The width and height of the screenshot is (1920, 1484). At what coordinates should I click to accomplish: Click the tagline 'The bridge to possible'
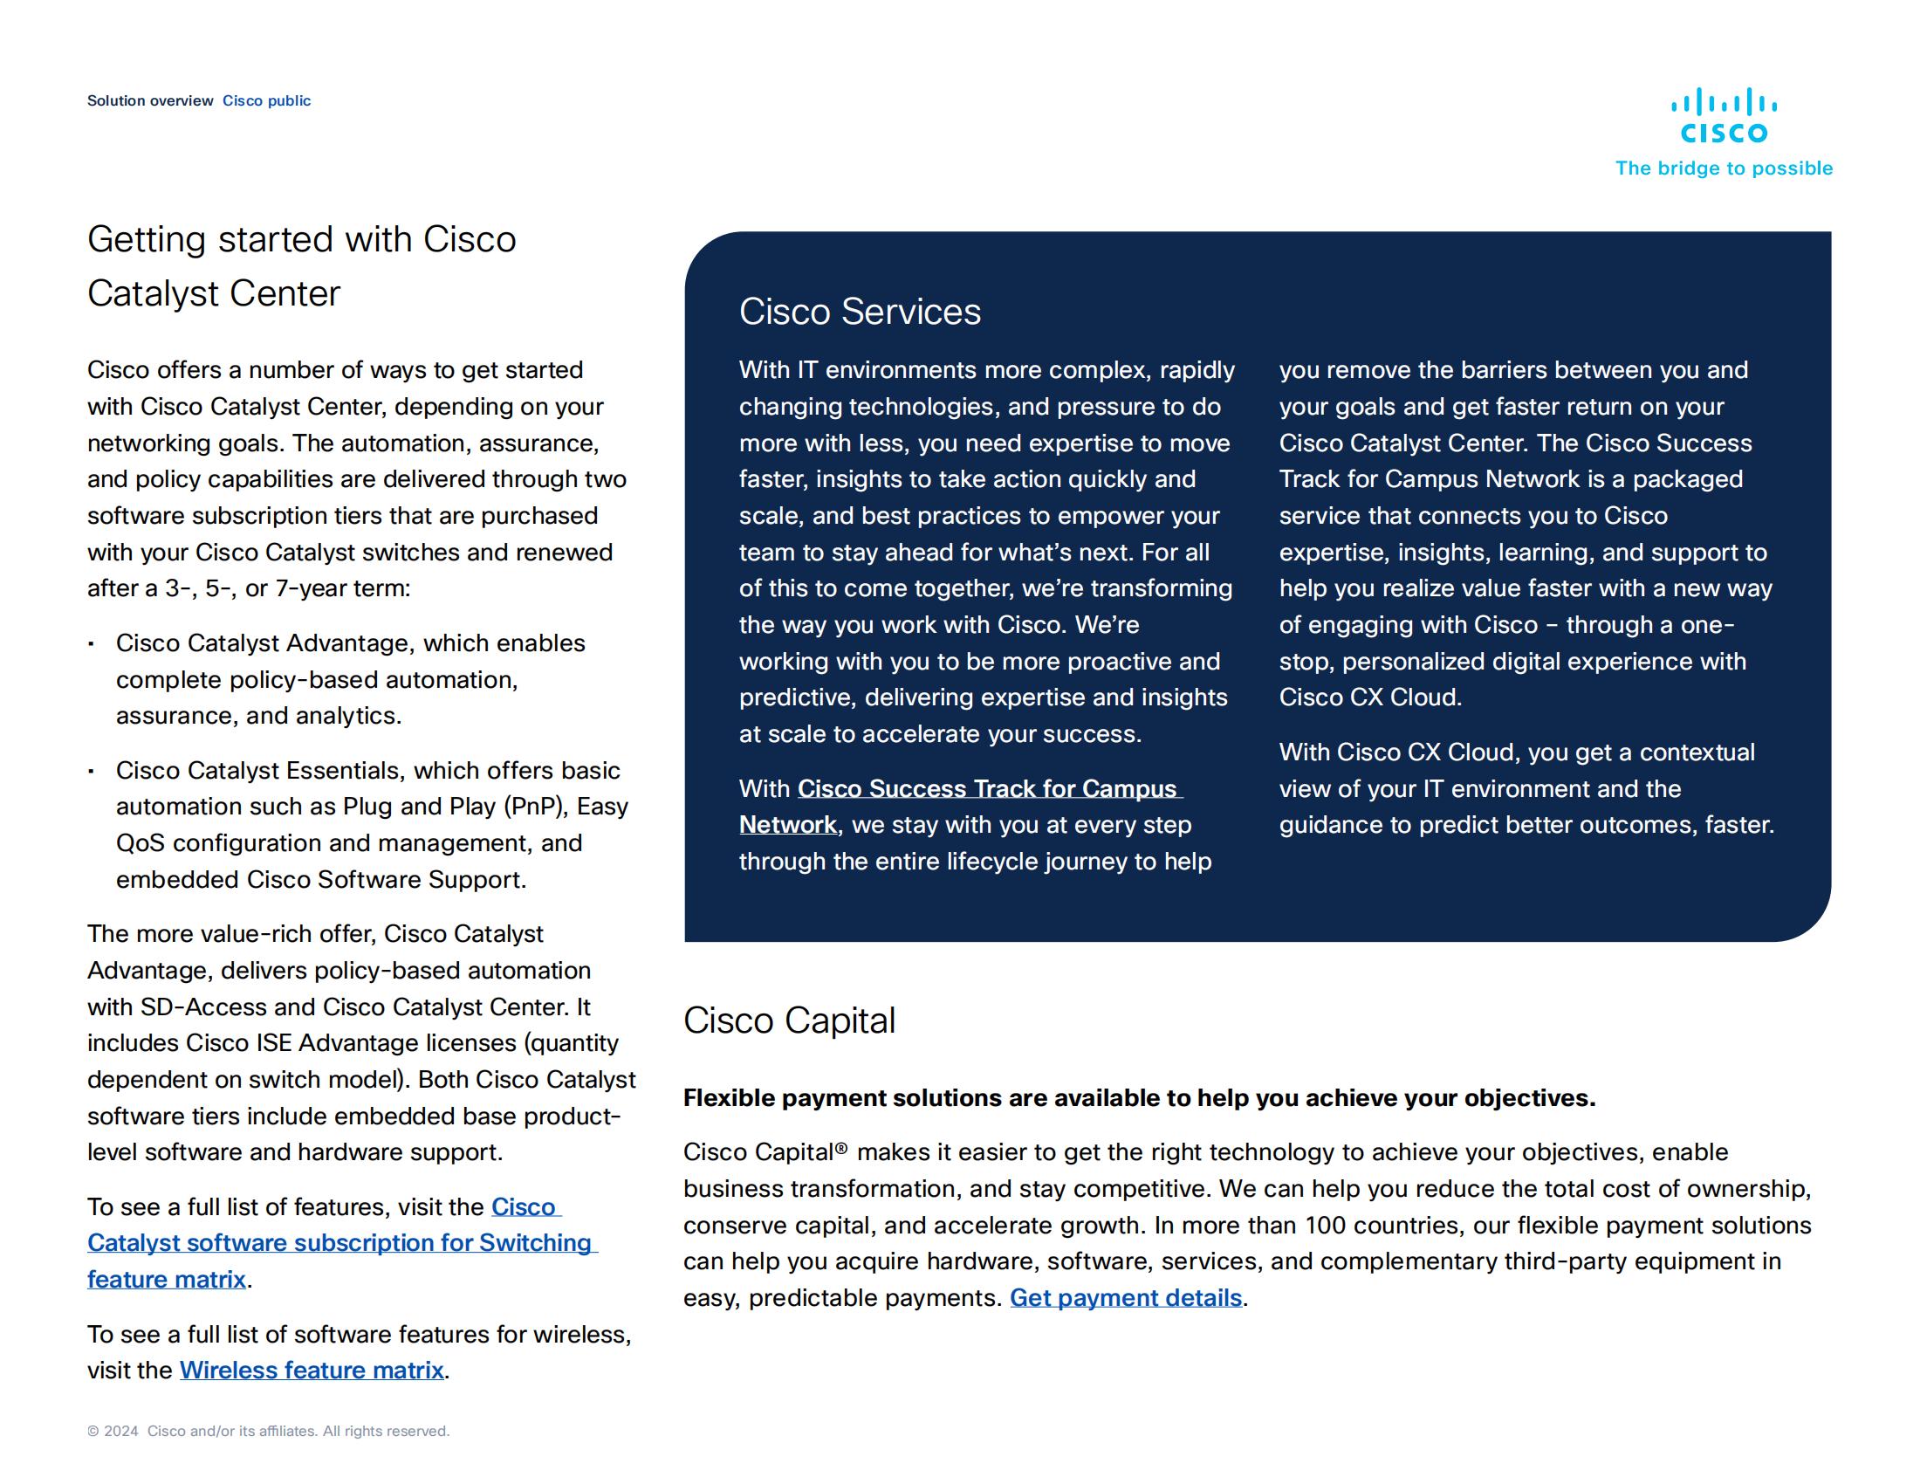(x=1723, y=168)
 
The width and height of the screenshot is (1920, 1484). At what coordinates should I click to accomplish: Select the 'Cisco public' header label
(x=266, y=101)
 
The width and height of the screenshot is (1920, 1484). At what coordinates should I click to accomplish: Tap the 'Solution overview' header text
(x=149, y=101)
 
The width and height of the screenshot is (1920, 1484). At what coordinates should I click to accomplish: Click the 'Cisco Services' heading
(x=859, y=313)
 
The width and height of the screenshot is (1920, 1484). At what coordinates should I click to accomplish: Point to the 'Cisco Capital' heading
(x=789, y=1020)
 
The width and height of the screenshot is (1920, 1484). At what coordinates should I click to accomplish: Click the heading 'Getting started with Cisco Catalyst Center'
(x=302, y=266)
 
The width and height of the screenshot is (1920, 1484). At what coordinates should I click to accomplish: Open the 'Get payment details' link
(x=1125, y=1299)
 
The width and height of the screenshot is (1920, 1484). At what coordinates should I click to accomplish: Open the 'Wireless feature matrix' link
(x=312, y=1371)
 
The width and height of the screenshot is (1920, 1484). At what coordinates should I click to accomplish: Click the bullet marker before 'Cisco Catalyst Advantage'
(x=91, y=644)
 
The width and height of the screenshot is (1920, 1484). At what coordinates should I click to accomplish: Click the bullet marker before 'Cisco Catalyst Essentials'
(x=91, y=772)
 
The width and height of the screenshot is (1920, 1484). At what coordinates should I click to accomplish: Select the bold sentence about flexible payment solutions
(x=1138, y=1098)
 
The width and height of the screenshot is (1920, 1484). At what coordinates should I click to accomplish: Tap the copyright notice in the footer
(x=268, y=1432)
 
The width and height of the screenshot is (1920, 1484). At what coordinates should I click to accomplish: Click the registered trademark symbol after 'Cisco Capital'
(x=841, y=1149)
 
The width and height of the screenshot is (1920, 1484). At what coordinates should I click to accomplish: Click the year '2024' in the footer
(x=121, y=1432)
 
